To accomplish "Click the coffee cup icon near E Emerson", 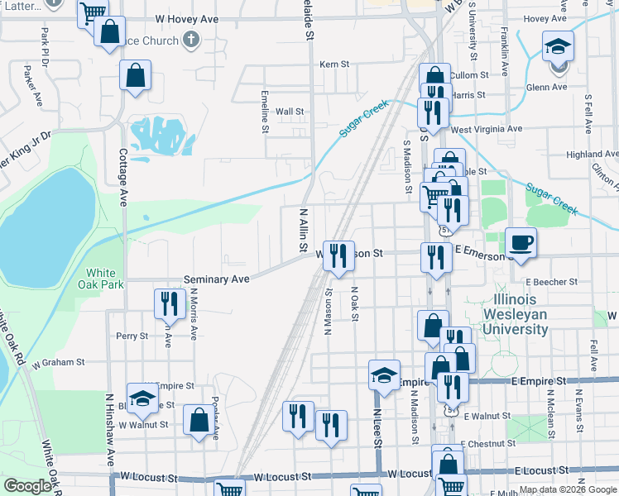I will [x=521, y=242].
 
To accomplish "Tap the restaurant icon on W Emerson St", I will [x=338, y=255].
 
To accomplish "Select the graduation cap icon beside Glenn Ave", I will [x=558, y=46].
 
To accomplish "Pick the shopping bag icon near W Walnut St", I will [x=199, y=421].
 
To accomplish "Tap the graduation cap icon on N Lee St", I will [x=384, y=374].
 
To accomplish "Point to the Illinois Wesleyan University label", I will [x=508, y=313].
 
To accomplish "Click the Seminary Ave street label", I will [x=216, y=279].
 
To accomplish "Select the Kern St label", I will [x=334, y=64].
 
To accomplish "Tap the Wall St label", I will [x=290, y=111].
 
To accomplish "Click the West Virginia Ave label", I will [x=487, y=129].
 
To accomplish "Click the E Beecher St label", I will [x=550, y=282].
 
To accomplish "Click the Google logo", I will [x=27, y=486].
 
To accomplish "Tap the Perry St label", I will [x=132, y=336].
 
